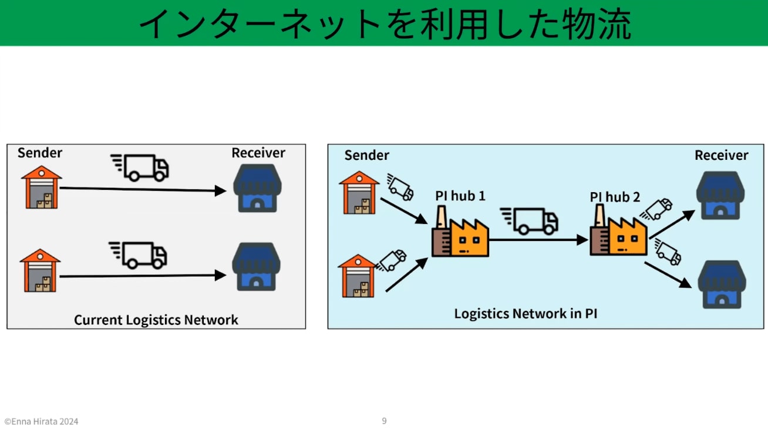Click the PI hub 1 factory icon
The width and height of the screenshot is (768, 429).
(460, 236)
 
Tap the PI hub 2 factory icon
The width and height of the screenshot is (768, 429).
(618, 233)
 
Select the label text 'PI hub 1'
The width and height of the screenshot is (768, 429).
(460, 196)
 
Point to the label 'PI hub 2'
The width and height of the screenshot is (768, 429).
(615, 197)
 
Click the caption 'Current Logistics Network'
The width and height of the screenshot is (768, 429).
(156, 320)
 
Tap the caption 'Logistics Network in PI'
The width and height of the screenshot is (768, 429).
(526, 313)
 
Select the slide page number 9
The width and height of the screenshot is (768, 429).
(384, 421)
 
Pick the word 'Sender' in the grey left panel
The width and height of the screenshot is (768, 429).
(40, 153)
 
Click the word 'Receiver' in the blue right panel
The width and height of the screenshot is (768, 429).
(721, 155)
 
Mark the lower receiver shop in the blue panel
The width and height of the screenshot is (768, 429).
(722, 284)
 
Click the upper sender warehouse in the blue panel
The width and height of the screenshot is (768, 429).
(359, 192)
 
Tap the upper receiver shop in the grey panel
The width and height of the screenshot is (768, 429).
(257, 187)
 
